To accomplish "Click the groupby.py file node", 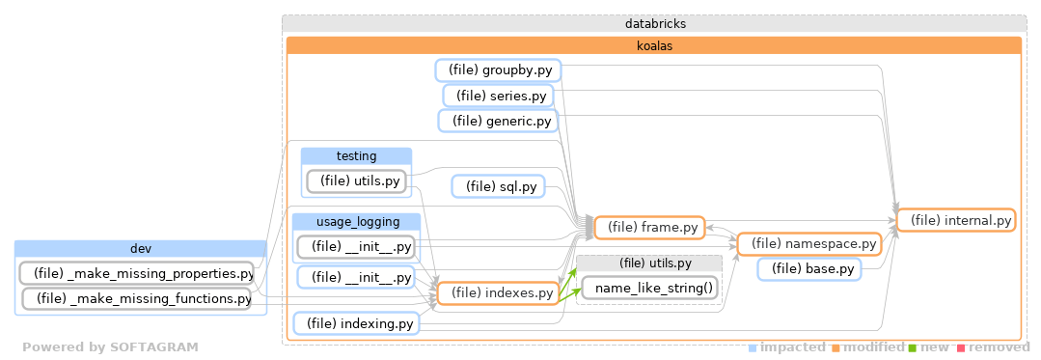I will pyautogui.click(x=499, y=70).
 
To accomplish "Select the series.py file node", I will pyautogui.click(x=498, y=96).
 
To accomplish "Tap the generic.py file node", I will pyautogui.click(x=498, y=121).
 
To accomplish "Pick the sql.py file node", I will pyautogui.click(x=500, y=186).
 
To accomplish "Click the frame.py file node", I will pyautogui.click(x=649, y=228).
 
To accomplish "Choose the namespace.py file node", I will pyautogui.click(x=809, y=244).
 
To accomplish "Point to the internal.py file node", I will pyautogui.click(x=955, y=221).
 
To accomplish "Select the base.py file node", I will pyautogui.click(x=808, y=269).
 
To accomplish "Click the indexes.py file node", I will pyautogui.click(x=499, y=292).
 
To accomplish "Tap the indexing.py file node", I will pyautogui.click(x=357, y=324).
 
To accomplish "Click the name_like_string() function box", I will pyautogui.click(x=653, y=288).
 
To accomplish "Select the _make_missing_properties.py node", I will pyautogui.click(x=136, y=273).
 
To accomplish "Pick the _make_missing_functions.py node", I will pyautogui.click(x=136, y=299).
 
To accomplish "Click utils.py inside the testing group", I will pyautogui.click(x=356, y=180).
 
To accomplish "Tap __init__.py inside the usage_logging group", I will pyautogui.click(x=356, y=247).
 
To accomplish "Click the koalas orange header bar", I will pyautogui.click(x=654, y=45).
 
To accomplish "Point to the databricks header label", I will pyautogui.click(x=655, y=23).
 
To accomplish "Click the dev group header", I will pyautogui.click(x=141, y=249).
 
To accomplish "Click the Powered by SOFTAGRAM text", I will pyautogui.click(x=110, y=347).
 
